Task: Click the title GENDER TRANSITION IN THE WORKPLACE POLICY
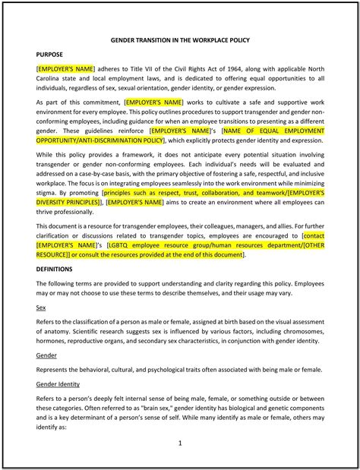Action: pyautogui.click(x=180, y=39)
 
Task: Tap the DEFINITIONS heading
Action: pyautogui.click(x=55, y=269)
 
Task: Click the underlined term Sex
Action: pyautogui.click(x=41, y=308)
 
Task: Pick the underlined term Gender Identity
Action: pyautogui.click(x=58, y=384)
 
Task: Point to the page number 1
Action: pyautogui.click(x=180, y=443)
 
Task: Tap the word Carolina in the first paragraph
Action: pyautogui.click(x=53, y=78)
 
